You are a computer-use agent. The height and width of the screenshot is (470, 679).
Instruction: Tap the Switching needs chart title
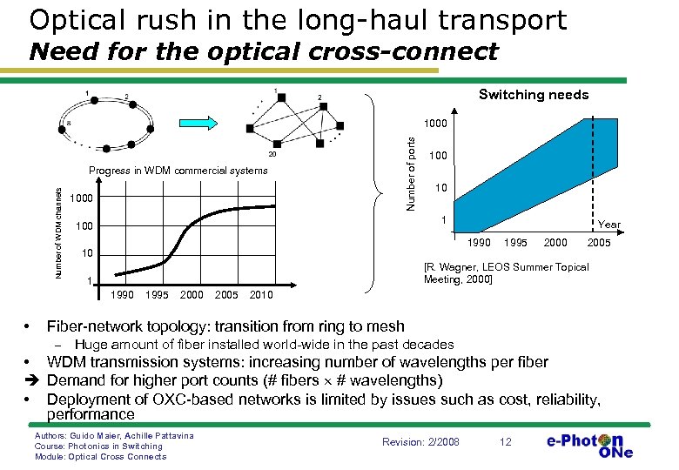[534, 95]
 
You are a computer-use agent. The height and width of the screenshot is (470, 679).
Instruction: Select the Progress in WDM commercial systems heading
[178, 171]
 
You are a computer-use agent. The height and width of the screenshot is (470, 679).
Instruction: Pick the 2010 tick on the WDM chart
[261, 295]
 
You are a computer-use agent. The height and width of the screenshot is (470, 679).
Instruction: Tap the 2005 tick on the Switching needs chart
[599, 243]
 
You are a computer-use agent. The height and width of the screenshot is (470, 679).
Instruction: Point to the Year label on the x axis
[609, 225]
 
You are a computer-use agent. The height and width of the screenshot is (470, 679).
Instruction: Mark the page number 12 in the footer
[505, 442]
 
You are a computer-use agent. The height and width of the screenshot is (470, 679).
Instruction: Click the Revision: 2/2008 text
[420, 442]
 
